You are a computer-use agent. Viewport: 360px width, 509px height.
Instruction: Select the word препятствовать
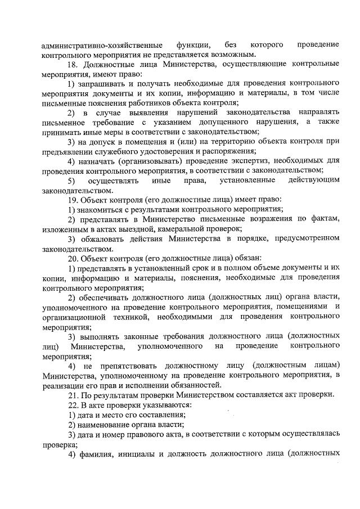(121, 365)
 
